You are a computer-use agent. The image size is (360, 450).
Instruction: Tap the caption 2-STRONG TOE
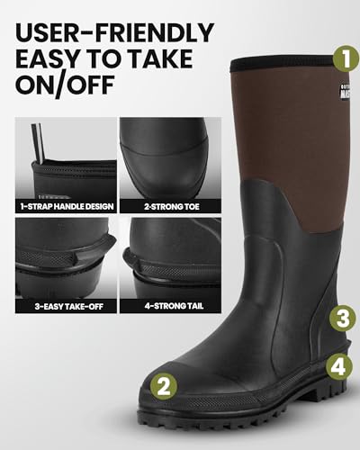pyautogui.click(x=169, y=207)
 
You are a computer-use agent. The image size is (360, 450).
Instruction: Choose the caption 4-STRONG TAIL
pyautogui.click(x=169, y=306)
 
